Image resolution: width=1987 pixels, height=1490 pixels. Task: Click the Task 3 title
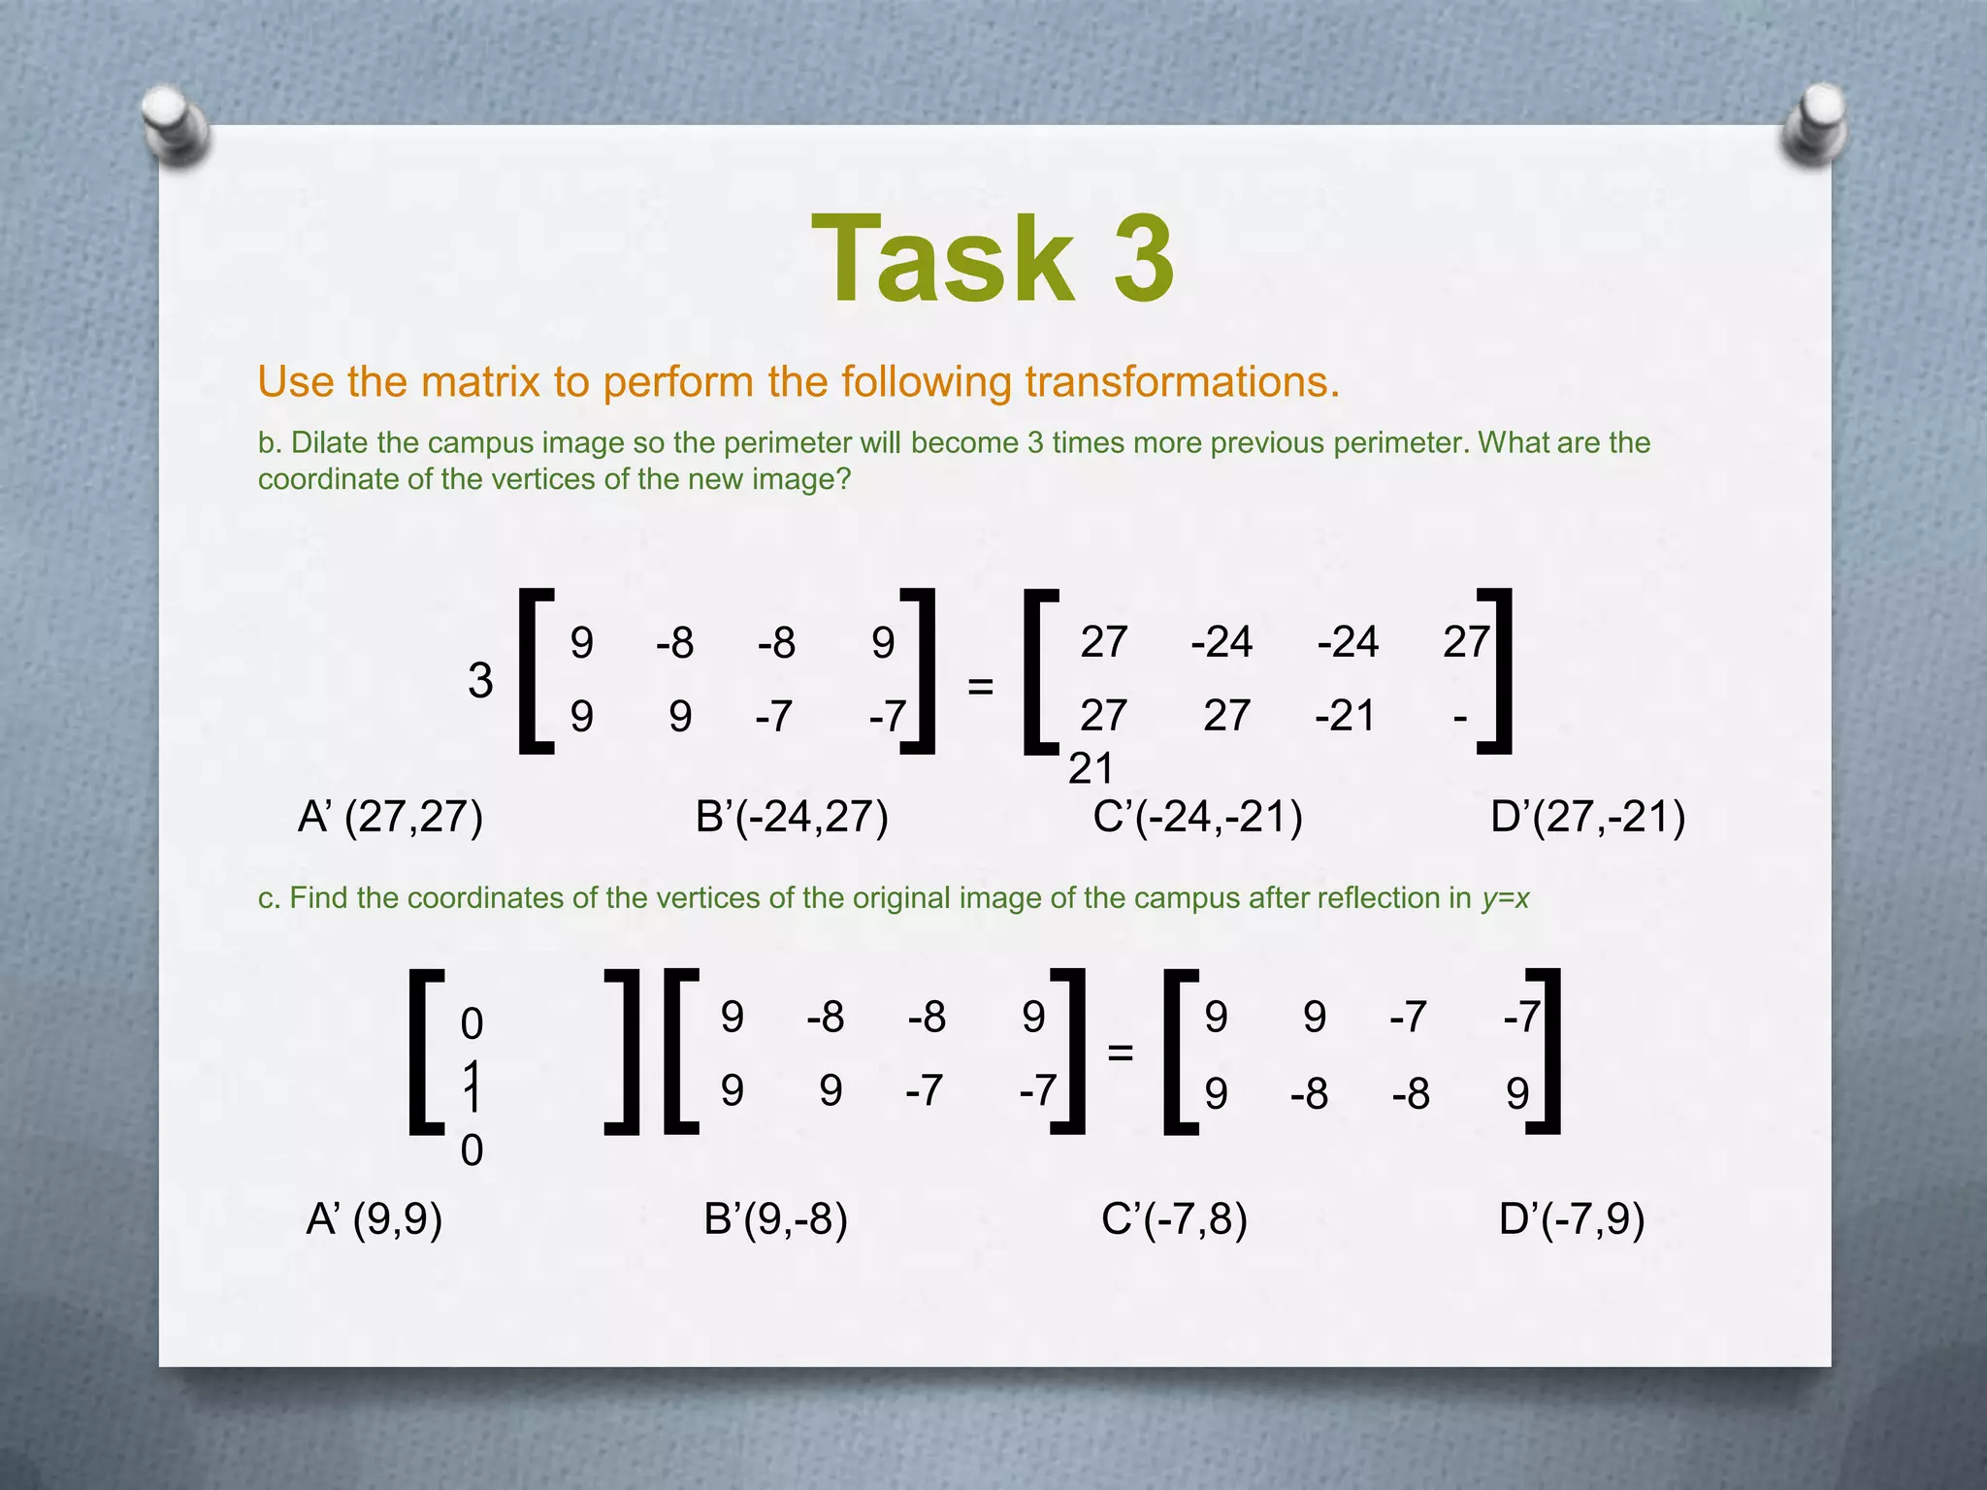click(x=993, y=260)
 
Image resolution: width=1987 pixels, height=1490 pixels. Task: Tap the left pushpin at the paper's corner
click(x=174, y=123)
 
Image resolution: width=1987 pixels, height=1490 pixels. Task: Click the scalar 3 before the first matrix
click(x=480, y=680)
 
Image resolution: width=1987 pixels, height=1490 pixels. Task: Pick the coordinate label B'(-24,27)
click(x=792, y=817)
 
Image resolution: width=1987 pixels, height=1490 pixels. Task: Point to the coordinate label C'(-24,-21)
click(x=1197, y=817)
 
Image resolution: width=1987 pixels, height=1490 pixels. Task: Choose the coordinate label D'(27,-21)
click(x=1587, y=817)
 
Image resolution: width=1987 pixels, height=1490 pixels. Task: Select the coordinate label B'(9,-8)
click(x=775, y=1218)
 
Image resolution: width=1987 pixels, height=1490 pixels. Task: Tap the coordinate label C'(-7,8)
click(x=1174, y=1218)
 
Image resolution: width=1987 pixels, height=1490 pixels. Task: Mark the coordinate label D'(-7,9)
click(x=1572, y=1218)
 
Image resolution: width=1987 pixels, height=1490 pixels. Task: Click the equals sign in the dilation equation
click(x=981, y=687)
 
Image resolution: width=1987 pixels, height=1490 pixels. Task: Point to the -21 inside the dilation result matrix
click(x=1345, y=716)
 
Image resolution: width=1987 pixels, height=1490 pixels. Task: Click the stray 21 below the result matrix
click(x=1091, y=768)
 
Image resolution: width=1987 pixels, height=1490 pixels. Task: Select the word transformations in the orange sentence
click(x=1182, y=381)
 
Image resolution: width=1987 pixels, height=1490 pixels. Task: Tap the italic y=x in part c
click(x=1505, y=898)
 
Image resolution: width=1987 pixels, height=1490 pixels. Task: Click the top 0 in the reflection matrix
click(x=472, y=1023)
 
